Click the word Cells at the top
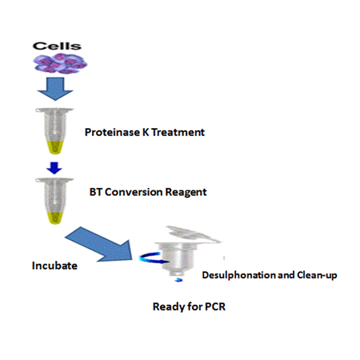tap(57, 46)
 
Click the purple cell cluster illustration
tap(60, 63)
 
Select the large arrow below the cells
tap(55, 89)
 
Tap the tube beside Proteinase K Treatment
tap(54, 130)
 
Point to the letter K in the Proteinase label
tap(146, 132)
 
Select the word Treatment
tap(178, 132)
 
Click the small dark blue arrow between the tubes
tap(54, 168)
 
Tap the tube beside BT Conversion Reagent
tap(54, 201)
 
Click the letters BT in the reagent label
tap(96, 192)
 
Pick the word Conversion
tap(134, 192)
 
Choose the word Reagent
tap(186, 193)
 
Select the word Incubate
tap(54, 266)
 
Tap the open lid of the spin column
tap(193, 234)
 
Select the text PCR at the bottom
tap(215, 306)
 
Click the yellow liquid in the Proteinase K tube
tap(55, 147)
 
